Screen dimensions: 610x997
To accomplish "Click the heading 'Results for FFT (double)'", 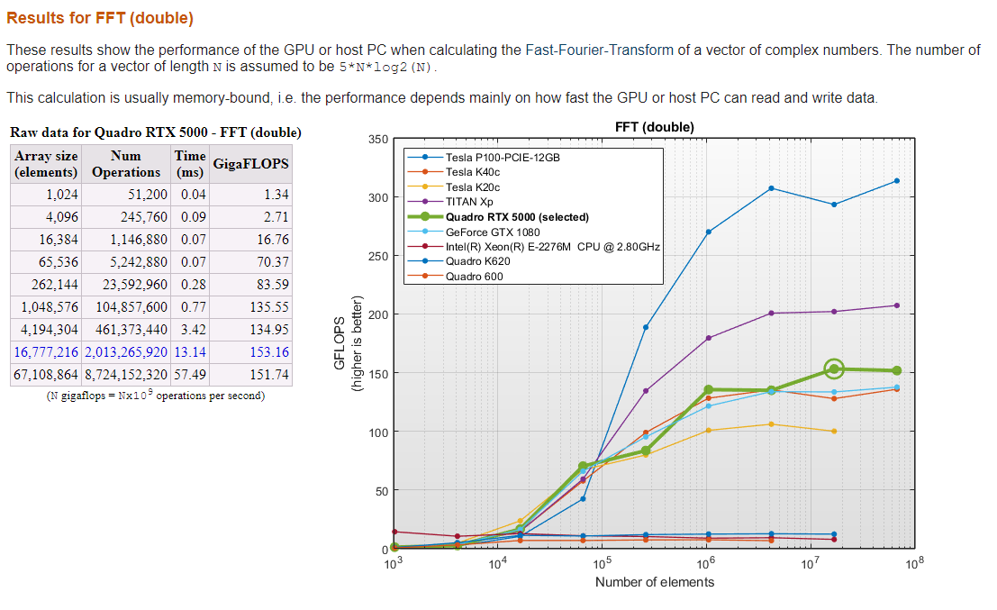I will pyautogui.click(x=100, y=18).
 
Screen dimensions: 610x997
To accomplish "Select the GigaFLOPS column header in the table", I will pyautogui.click(x=250, y=163).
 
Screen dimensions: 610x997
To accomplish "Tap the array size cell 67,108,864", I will pyautogui.click(x=45, y=374).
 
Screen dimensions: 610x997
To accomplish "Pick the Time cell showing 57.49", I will pyautogui.click(x=189, y=374).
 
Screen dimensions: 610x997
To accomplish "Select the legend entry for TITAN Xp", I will pyautogui.click(x=469, y=202).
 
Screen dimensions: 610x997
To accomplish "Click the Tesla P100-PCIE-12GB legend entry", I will pyautogui.click(x=503, y=157).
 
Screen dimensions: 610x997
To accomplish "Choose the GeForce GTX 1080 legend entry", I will pyautogui.click(x=491, y=232).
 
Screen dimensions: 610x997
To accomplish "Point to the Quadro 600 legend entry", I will pyautogui.click(x=474, y=276).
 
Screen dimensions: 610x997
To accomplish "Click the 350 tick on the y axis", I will pyautogui.click(x=378, y=140).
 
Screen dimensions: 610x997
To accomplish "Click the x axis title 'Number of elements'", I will pyautogui.click(x=654, y=582).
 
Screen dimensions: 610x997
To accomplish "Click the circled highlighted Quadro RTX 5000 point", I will pyautogui.click(x=834, y=369).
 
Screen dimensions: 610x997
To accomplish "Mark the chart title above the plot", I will pyautogui.click(x=654, y=127).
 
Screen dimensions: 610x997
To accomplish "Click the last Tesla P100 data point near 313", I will pyautogui.click(x=897, y=181).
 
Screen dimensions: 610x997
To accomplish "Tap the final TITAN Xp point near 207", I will pyautogui.click(x=897, y=305).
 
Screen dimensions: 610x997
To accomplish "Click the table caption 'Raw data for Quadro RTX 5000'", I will pyautogui.click(x=155, y=132).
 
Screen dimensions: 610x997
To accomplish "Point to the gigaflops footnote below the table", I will pyautogui.click(x=155, y=396).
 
